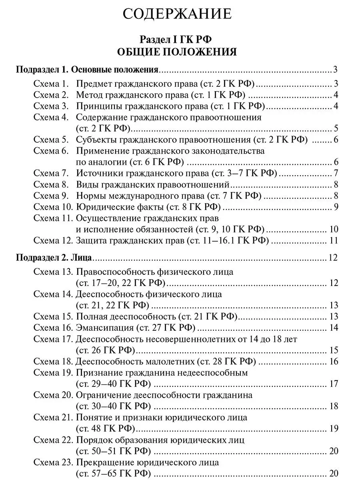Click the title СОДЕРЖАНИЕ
tap(177, 14)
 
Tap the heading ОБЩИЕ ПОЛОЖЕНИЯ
tap(177, 52)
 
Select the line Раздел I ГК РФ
tap(177, 39)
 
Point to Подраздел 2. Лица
tap(54, 257)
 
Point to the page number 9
tap(336, 207)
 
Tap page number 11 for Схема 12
tap(334, 240)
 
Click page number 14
tap(334, 328)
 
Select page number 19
tap(334, 429)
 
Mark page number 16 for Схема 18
tap(334, 362)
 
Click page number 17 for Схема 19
tap(334, 384)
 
